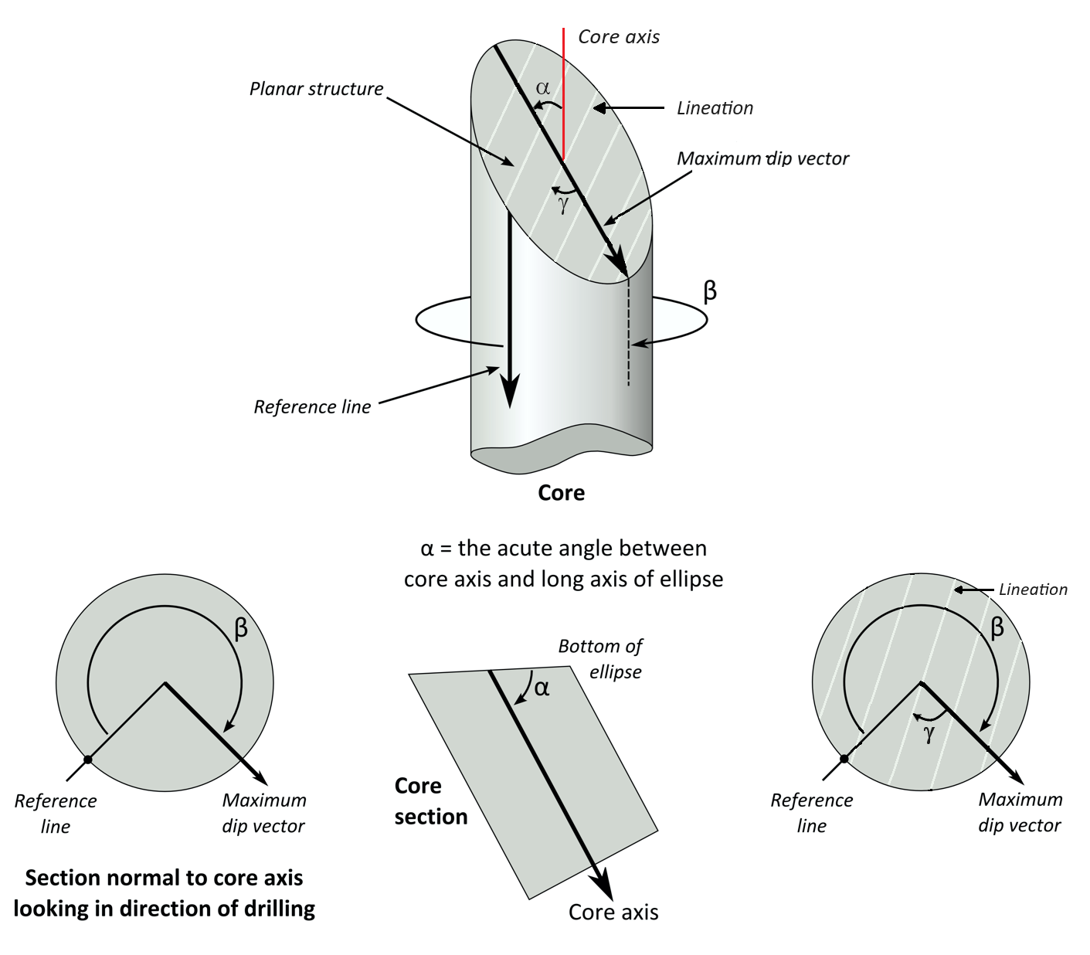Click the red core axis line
564,93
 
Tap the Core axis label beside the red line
619,36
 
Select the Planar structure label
316,89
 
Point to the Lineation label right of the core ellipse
715,108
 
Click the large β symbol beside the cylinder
710,291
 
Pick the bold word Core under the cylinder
561,493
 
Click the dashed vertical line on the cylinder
628,332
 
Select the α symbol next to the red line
543,88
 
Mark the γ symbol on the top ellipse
563,204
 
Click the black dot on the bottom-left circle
88,760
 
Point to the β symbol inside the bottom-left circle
241,628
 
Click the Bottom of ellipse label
600,658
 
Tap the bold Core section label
430,801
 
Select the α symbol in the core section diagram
542,687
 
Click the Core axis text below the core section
613,913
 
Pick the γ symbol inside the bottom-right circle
929,733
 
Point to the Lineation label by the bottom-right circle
1033,590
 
